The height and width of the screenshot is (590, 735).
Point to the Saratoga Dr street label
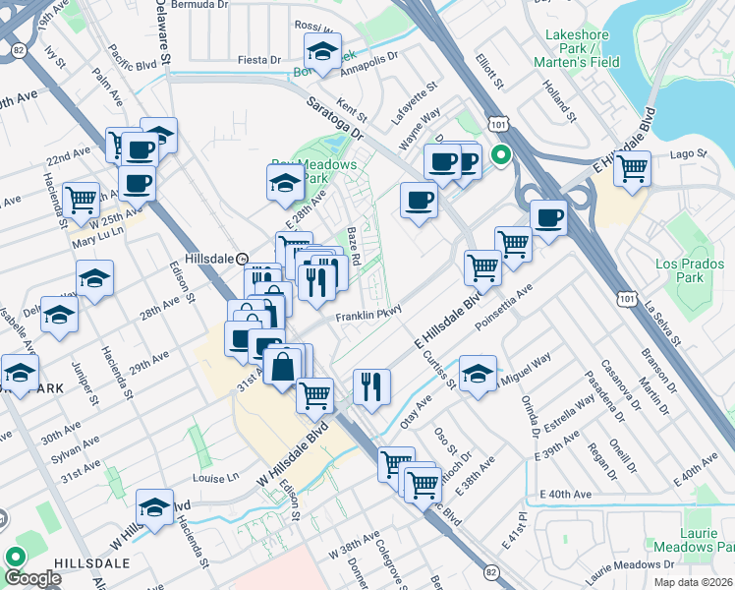coord(334,117)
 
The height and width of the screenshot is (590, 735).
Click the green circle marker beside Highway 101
coord(500,154)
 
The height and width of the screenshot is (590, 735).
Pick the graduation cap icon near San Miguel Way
coord(479,377)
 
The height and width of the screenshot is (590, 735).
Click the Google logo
coord(32,579)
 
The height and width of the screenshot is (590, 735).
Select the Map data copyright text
coord(694,582)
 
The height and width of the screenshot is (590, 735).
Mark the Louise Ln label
coord(216,478)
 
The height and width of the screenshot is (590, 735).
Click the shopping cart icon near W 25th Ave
coord(81,199)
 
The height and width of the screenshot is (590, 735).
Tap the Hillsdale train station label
coord(209,258)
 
